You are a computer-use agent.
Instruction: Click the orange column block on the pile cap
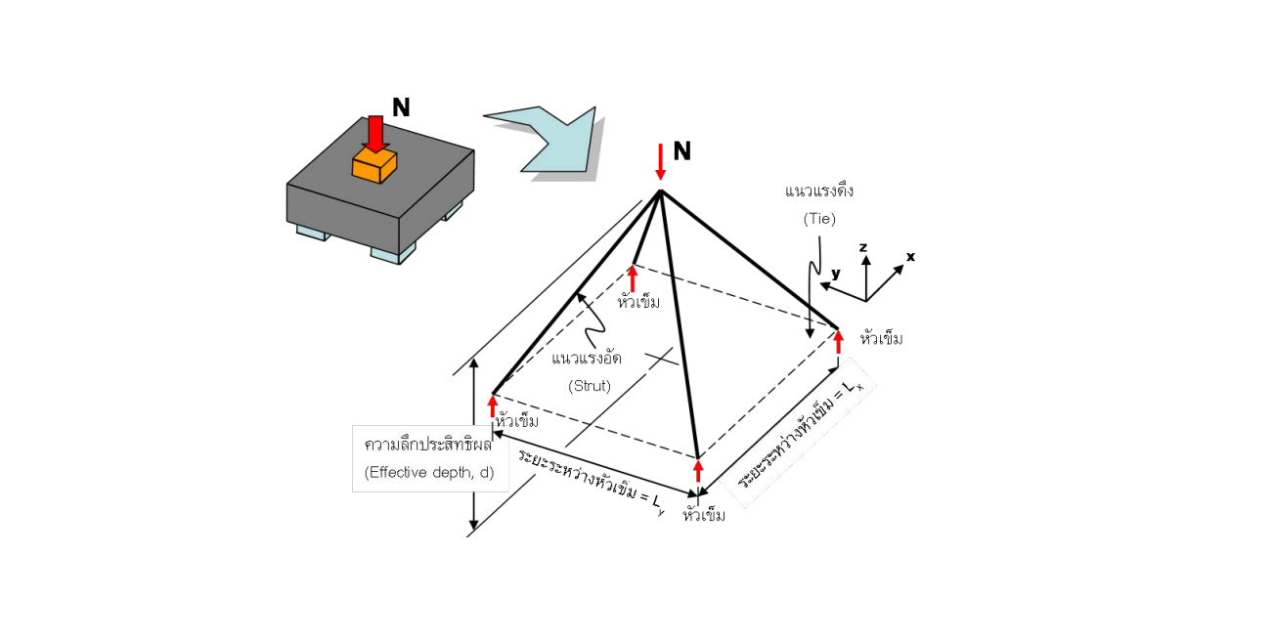[373, 166]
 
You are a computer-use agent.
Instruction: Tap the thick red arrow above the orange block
[375, 135]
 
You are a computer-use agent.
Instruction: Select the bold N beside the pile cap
[401, 107]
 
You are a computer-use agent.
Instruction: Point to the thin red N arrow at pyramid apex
[660, 162]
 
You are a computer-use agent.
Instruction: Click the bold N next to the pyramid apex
[682, 151]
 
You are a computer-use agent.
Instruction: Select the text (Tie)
[819, 219]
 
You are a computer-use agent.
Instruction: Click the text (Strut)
[590, 386]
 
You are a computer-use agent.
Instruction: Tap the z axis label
[863, 247]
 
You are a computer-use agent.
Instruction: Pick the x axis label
[910, 257]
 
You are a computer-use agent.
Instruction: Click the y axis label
[835, 274]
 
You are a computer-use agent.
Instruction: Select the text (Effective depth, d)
[429, 473]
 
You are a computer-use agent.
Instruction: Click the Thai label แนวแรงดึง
[819, 191]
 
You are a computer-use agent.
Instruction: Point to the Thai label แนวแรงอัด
[587, 358]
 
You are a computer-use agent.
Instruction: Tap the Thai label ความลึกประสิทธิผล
[428, 445]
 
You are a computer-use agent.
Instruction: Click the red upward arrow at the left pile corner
[493, 406]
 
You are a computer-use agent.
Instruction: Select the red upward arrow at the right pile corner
[838, 342]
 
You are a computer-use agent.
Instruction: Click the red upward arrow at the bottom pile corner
[698, 471]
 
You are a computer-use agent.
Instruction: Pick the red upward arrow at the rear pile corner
[633, 278]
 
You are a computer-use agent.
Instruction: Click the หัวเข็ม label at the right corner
[882, 338]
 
